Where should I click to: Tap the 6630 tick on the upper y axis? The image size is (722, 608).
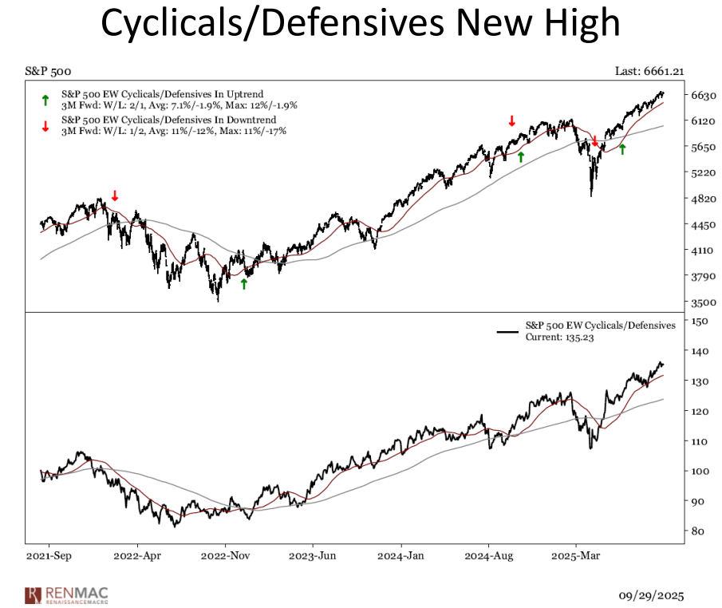click(703, 95)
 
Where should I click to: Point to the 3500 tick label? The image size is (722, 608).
click(703, 302)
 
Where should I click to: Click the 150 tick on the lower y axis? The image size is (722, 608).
click(700, 321)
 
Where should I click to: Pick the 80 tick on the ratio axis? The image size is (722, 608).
click(697, 531)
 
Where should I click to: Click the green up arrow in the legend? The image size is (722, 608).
click(45, 101)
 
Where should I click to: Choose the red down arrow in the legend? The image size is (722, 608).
click(45, 125)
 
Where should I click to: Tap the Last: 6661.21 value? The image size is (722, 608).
click(649, 72)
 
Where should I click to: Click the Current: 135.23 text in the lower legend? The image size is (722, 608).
click(558, 338)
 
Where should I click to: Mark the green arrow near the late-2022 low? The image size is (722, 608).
click(244, 283)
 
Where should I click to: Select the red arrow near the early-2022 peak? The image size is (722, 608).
click(115, 195)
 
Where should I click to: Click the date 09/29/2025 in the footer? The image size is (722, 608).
click(651, 595)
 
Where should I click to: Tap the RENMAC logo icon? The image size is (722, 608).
click(33, 595)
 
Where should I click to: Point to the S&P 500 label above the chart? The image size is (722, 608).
click(46, 72)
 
